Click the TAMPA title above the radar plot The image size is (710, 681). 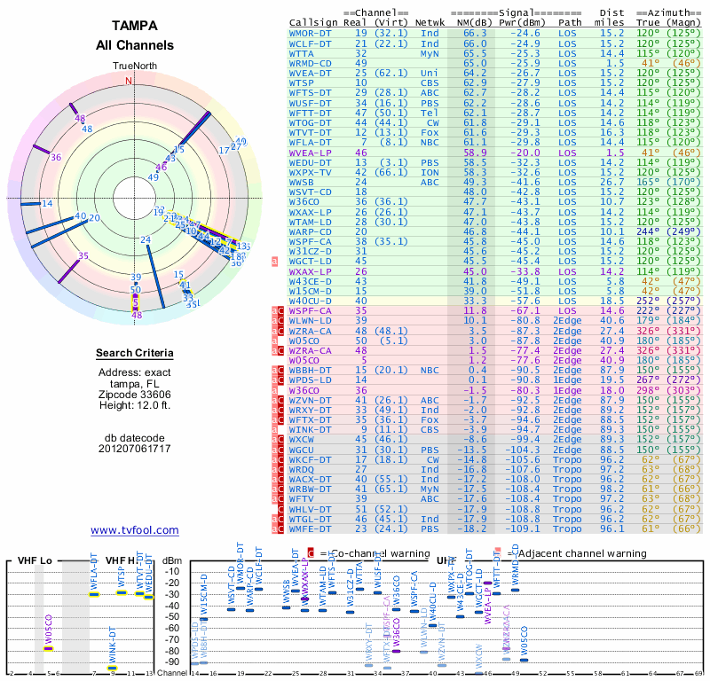point(135,26)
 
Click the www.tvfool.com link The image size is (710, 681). point(135,530)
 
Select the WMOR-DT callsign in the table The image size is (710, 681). point(312,33)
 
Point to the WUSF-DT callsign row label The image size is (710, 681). point(312,103)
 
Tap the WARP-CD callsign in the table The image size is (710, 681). point(312,231)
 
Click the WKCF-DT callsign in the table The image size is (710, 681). point(312,459)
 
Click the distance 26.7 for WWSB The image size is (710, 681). point(612,182)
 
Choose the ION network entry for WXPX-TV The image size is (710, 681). point(430,171)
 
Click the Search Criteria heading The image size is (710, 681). point(135,354)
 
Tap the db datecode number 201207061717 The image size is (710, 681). point(135,449)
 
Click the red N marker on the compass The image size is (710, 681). point(129,80)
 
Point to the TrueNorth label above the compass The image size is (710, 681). point(135,67)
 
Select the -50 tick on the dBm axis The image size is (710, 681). point(174,616)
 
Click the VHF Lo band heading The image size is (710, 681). point(35,560)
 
